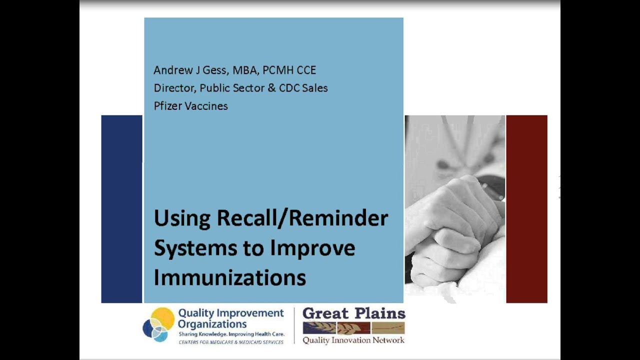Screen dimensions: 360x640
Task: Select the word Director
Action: point(174,88)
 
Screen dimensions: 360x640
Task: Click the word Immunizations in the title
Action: point(229,277)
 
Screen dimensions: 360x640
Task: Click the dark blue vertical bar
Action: point(121,209)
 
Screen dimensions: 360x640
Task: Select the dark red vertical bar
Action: point(526,209)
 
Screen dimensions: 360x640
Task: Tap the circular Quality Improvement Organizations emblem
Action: point(158,324)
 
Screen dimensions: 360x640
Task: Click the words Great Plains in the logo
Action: point(353,314)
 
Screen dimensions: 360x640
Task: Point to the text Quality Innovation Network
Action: point(353,340)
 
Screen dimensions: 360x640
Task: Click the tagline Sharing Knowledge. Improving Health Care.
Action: point(231,333)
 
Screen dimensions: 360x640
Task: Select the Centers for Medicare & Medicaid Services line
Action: point(231,342)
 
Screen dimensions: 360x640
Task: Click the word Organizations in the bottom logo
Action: point(212,323)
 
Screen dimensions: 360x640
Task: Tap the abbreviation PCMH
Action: point(279,70)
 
